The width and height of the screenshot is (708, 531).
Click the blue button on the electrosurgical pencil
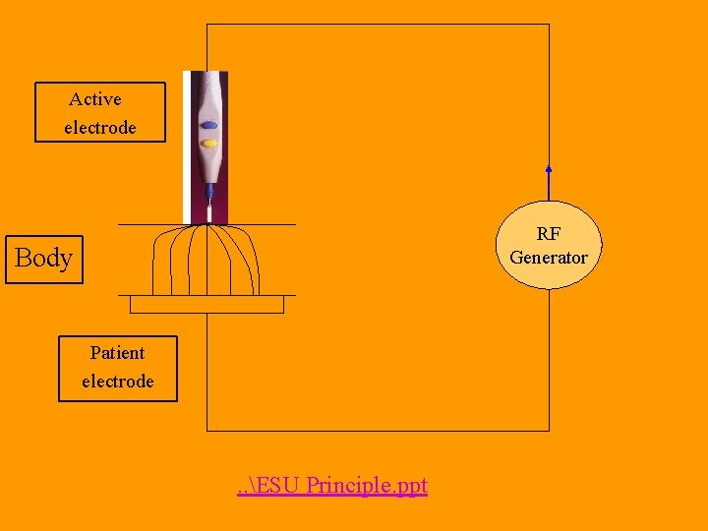click(x=208, y=126)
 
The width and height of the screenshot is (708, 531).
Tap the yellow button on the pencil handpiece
click(x=208, y=144)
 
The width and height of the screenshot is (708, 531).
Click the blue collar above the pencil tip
click(x=208, y=193)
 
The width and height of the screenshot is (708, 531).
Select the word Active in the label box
click(x=95, y=99)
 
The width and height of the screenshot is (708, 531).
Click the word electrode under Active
click(x=100, y=128)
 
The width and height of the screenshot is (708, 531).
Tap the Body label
click(x=44, y=259)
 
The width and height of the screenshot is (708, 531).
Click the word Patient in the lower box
click(x=117, y=353)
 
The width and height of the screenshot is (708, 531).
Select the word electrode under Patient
click(x=118, y=382)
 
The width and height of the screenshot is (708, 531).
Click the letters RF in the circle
click(x=549, y=235)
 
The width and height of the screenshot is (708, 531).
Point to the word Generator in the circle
click(x=549, y=258)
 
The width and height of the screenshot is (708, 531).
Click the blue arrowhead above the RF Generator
click(x=549, y=168)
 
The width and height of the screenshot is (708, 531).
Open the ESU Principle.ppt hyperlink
click(x=332, y=486)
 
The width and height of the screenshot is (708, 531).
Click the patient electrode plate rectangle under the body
click(x=206, y=305)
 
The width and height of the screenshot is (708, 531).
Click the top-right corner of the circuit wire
click(x=549, y=25)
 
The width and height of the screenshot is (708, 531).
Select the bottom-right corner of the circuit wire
click(x=549, y=431)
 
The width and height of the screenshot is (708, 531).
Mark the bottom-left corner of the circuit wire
click(x=206, y=431)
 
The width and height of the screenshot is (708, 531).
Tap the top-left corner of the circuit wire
click(x=206, y=25)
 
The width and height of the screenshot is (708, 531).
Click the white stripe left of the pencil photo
click(x=186, y=147)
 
